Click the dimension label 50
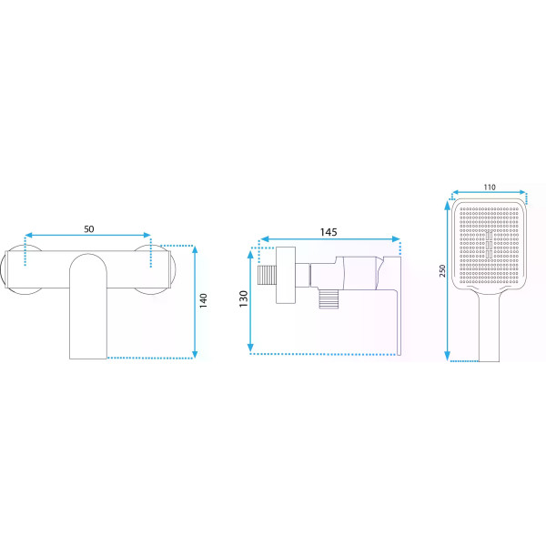[89, 228]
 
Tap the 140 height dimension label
[203, 300]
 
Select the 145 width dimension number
[329, 232]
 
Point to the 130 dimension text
[243, 298]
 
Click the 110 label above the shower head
[490, 187]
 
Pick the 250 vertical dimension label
[442, 270]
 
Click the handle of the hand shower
[490, 328]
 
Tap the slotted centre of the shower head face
[490, 245]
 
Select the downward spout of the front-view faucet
[88, 307]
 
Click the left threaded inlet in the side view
[267, 275]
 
